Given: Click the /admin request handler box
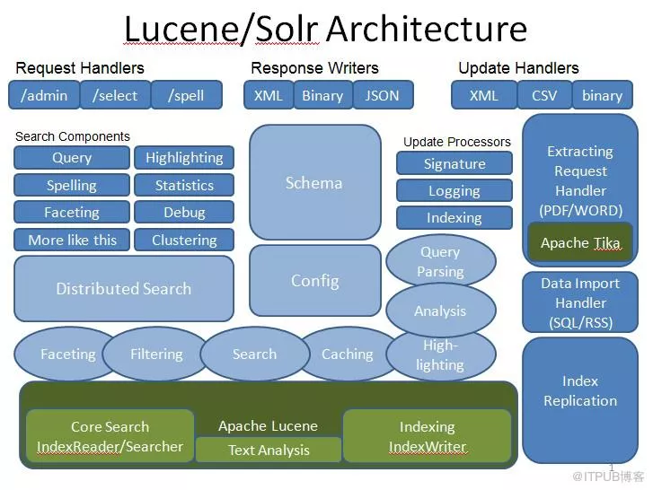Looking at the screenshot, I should [43, 95].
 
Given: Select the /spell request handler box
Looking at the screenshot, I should [186, 95].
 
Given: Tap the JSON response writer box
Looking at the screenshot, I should [382, 95].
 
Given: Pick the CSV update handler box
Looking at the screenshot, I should [544, 95].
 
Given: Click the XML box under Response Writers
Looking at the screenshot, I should [268, 95].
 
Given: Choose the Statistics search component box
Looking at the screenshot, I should [184, 186].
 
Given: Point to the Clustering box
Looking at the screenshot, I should [184, 240].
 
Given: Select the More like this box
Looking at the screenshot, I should [72, 240].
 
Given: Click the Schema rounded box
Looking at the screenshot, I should [314, 183].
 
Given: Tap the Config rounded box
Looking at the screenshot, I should [314, 281].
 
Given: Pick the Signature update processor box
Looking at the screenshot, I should [454, 164].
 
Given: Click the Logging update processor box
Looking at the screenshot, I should [454, 191].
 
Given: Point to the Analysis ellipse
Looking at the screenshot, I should [440, 311].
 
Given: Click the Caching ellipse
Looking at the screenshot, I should [347, 354].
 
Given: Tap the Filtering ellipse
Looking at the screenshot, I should [156, 354].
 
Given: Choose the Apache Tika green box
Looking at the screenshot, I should [580, 243].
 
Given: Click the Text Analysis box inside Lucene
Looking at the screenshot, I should [269, 450].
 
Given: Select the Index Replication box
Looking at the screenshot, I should [580, 391].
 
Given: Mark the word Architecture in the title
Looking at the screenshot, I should [427, 29].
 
